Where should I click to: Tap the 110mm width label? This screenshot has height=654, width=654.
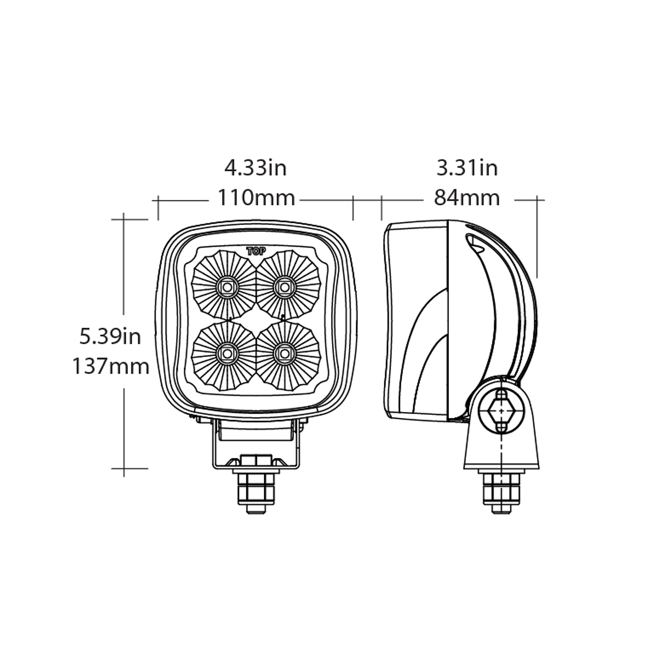[x=256, y=198]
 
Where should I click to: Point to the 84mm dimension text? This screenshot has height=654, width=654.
[x=467, y=198]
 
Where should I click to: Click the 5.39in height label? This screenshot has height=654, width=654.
[x=110, y=337]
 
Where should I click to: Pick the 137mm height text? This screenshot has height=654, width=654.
[x=111, y=366]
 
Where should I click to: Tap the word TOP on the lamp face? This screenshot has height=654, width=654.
[x=256, y=251]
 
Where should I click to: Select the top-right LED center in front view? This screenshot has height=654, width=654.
[x=285, y=287]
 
